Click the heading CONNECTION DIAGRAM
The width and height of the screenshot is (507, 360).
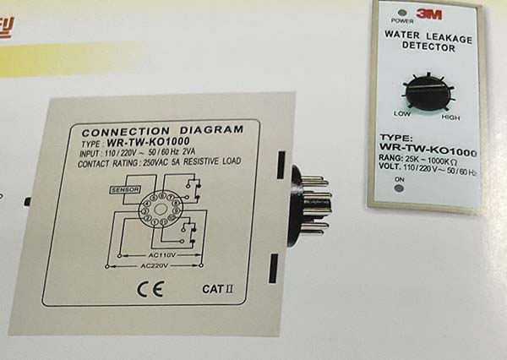pyautogui.click(x=161, y=131)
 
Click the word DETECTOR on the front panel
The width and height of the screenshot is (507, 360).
pyautogui.click(x=426, y=48)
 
